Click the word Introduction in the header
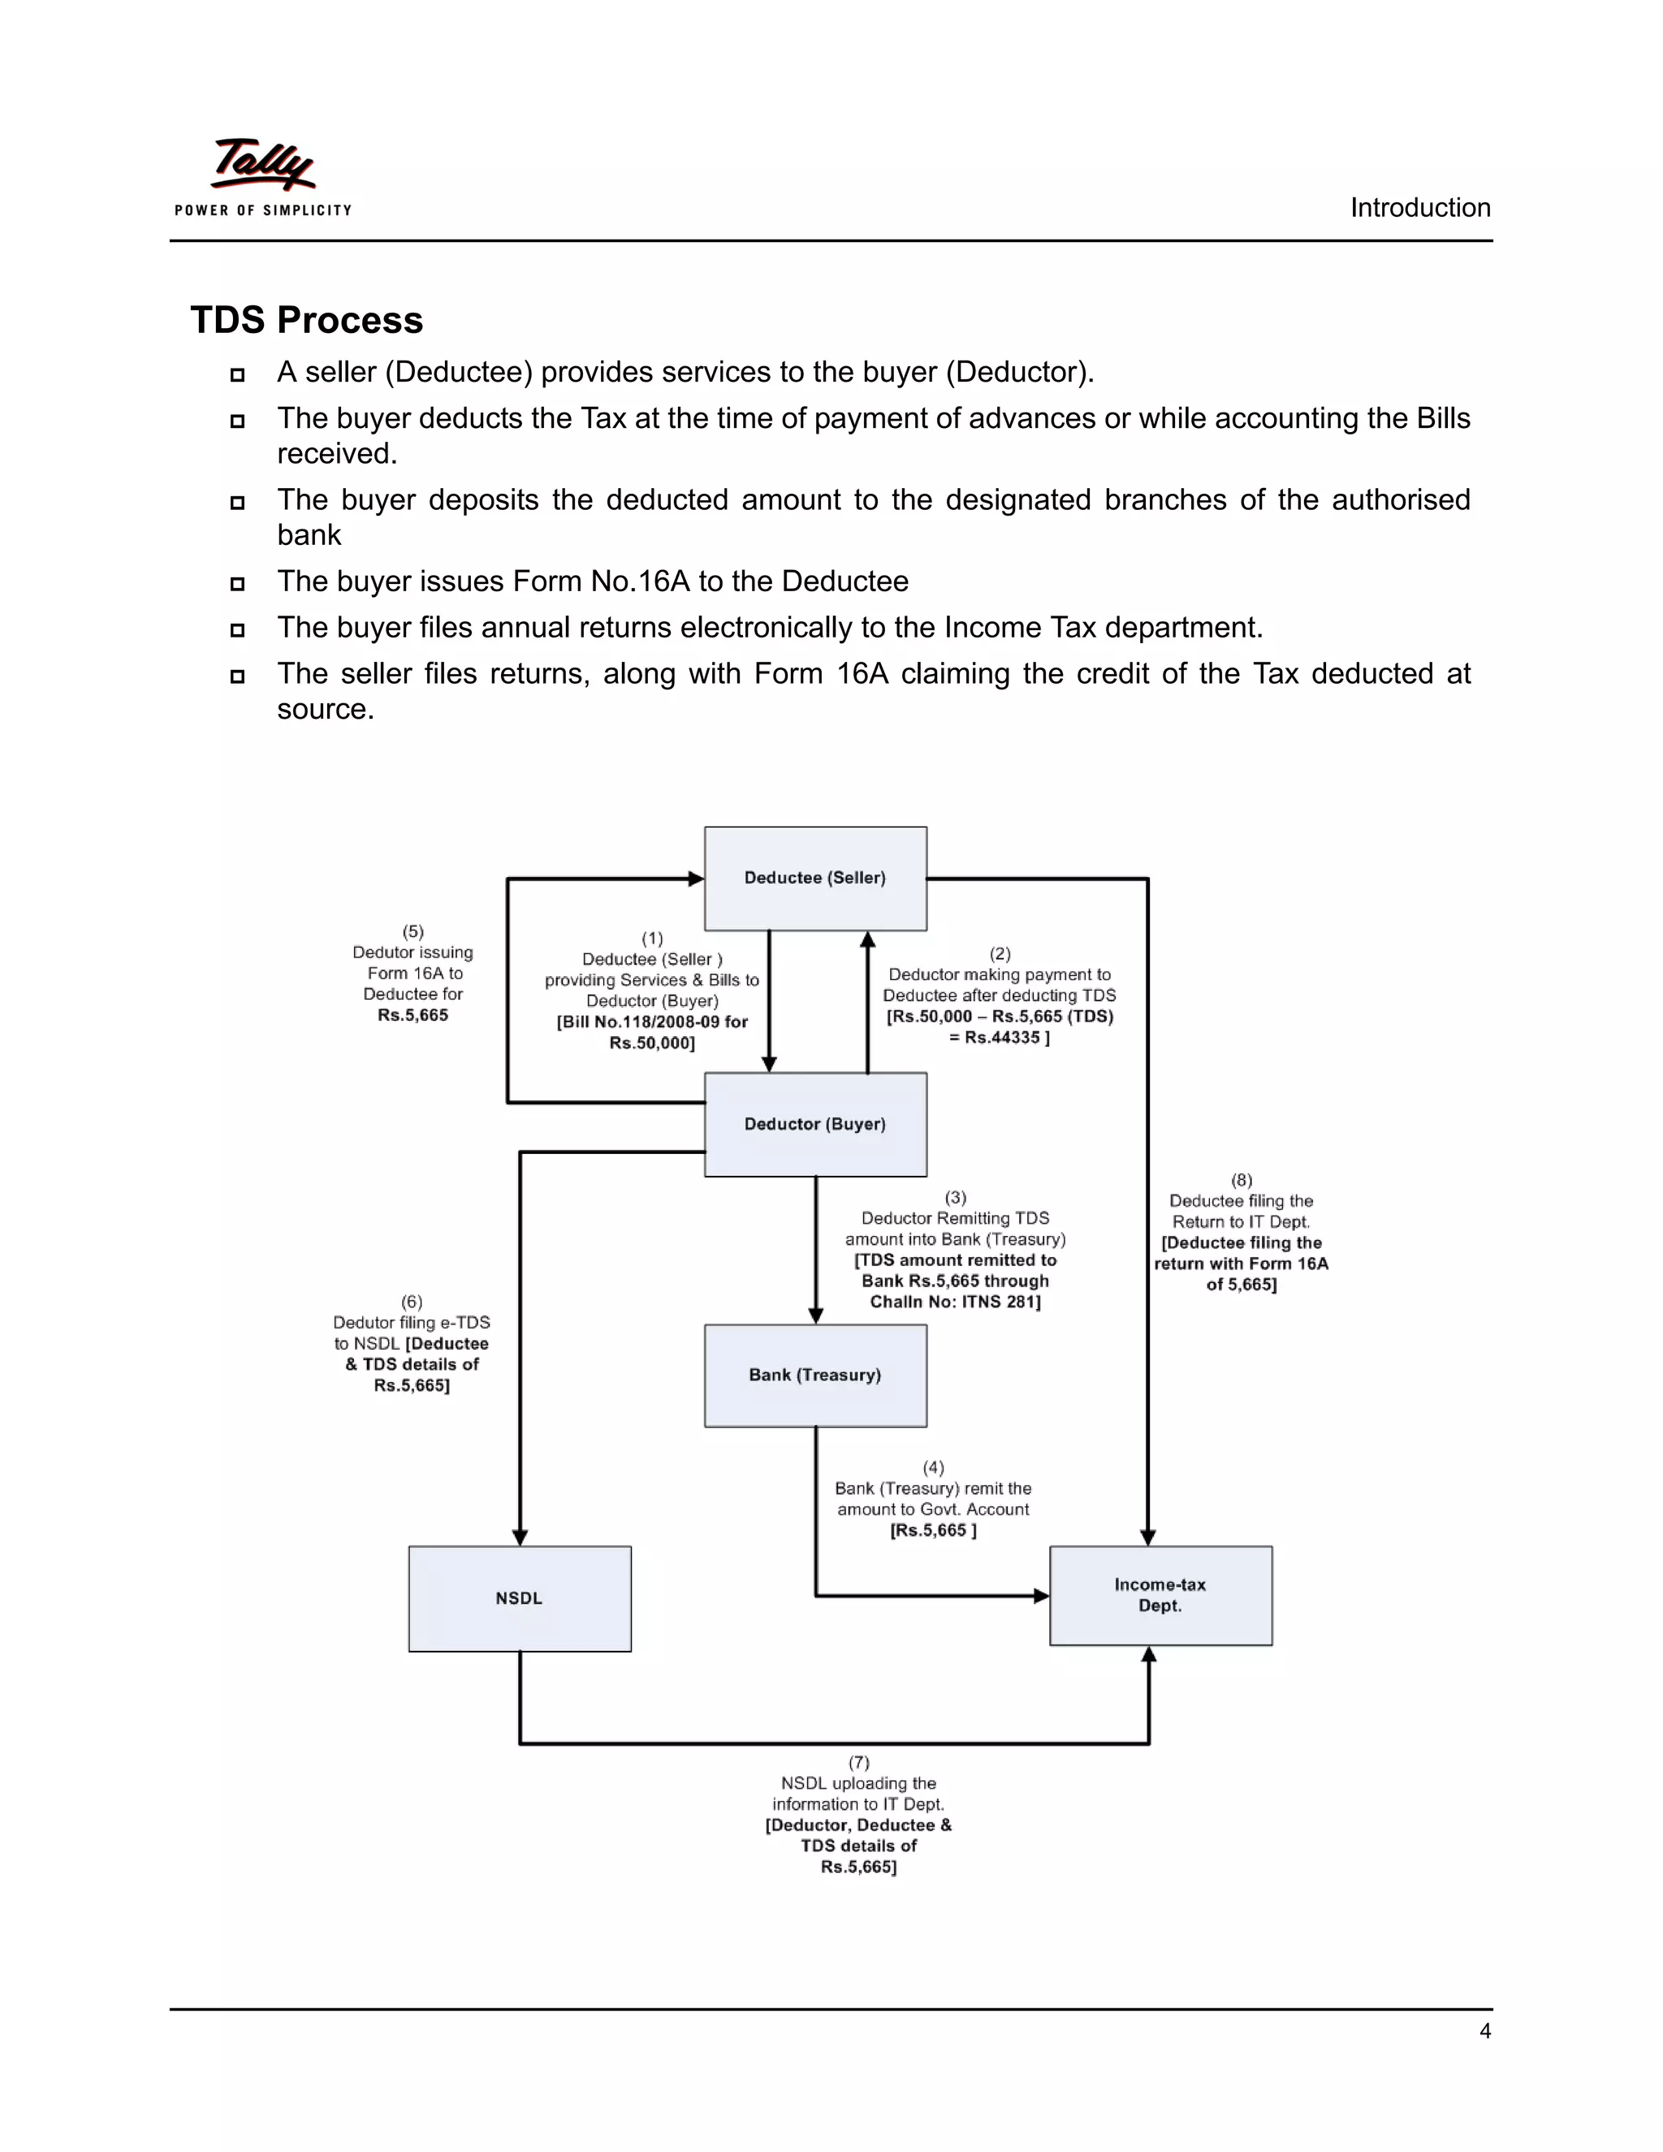coord(1419,208)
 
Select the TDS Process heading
coord(306,320)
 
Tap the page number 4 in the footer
coord(1484,2031)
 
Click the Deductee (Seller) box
coord(814,878)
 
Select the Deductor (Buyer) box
coord(814,1124)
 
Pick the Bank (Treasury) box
coord(814,1376)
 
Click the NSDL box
coord(519,1598)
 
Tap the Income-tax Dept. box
coord(1160,1595)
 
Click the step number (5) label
coord(413,931)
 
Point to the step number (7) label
coord(859,1762)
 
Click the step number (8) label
coord(1242,1179)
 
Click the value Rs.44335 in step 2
coord(1001,1038)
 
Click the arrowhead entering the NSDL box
coord(520,1537)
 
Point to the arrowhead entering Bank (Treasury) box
coord(816,1316)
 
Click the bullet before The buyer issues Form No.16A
coord(237,583)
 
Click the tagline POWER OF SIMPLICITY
coord(263,210)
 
